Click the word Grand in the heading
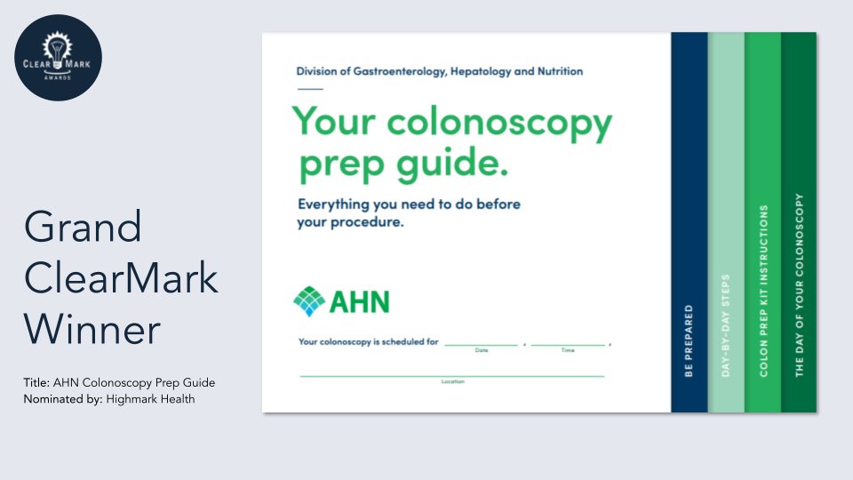pyautogui.click(x=83, y=229)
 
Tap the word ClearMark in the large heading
pyautogui.click(x=121, y=279)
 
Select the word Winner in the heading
pyautogui.click(x=92, y=330)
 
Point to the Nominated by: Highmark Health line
pyautogui.click(x=109, y=399)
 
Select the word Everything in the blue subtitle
pyautogui.click(x=341, y=204)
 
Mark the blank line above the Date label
pyautogui.click(x=481, y=344)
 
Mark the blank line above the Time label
pyautogui.click(x=568, y=344)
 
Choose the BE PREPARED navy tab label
pyautogui.click(x=689, y=341)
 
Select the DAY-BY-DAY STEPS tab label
pyautogui.click(x=725, y=325)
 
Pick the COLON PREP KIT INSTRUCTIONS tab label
pyautogui.click(x=762, y=292)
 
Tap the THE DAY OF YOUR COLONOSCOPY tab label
pyautogui.click(x=799, y=284)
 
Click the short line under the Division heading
pyautogui.click(x=310, y=89)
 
